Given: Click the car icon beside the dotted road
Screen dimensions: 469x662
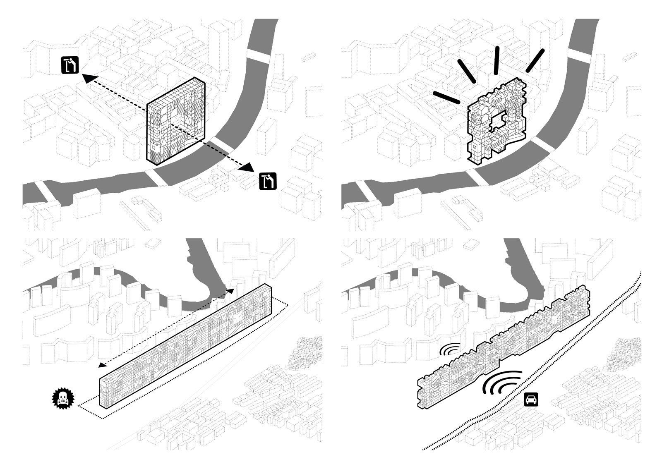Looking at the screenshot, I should [530, 400].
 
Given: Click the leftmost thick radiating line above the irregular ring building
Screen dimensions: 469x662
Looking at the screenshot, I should [446, 98].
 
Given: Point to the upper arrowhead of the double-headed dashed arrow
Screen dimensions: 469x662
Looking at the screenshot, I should [230, 291].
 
